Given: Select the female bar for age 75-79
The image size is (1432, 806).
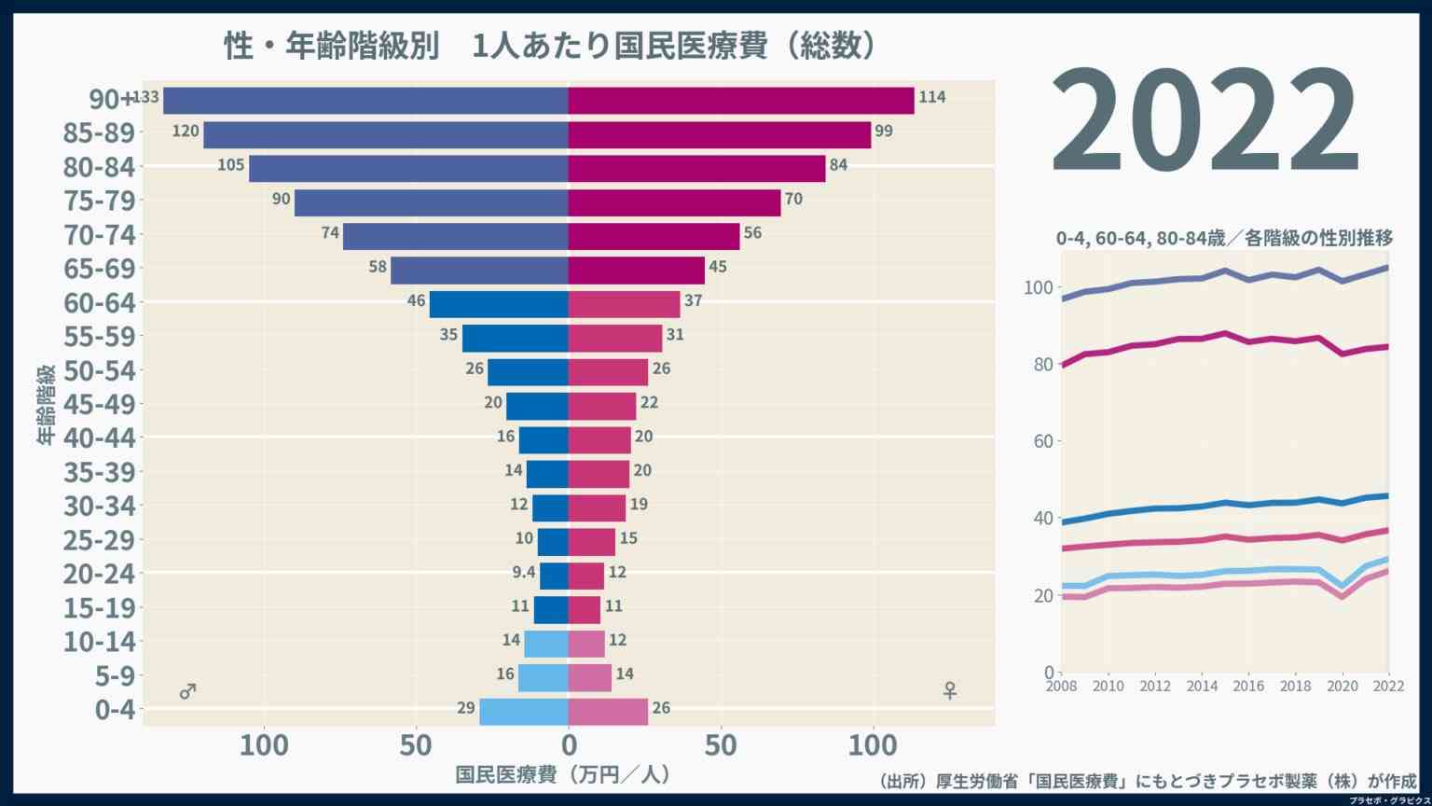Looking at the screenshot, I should point(674,202).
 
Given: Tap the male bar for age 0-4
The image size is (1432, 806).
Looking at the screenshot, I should point(523,711).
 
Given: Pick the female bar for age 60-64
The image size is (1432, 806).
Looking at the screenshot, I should point(624,304).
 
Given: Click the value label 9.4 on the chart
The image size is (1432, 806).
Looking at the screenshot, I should point(524,573).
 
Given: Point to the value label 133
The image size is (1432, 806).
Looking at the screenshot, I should point(147,97).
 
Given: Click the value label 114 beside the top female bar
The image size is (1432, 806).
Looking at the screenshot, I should point(931,97).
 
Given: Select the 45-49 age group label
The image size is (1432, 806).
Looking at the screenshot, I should point(99,405).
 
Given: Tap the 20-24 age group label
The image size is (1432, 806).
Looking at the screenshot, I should point(99,574).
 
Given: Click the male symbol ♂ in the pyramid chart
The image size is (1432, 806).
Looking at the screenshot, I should point(187,691).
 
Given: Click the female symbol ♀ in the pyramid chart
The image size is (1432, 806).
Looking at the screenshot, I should point(949,690).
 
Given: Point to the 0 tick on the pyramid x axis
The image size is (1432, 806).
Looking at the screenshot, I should point(569,745).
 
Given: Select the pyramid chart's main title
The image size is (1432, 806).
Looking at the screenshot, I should point(550,47).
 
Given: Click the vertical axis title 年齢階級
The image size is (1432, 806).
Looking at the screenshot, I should point(47,404).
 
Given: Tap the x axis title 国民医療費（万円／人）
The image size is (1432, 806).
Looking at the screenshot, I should point(563,775).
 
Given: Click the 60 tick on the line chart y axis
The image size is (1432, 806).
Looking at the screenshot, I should point(1042,441).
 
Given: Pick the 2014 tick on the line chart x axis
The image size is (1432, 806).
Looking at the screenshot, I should point(1202,687).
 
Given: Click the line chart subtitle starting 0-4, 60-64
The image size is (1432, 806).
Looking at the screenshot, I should point(1224,239).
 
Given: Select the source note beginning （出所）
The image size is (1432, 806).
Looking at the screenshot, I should point(1147,782).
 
